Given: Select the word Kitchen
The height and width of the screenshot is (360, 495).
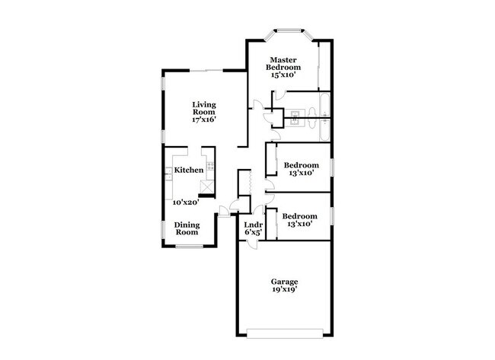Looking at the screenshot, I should (x=188, y=170).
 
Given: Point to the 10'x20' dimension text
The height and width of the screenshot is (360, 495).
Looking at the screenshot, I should (x=185, y=202).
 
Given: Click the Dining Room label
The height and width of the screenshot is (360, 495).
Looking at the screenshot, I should (x=187, y=228).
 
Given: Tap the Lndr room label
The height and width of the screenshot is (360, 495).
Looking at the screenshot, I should (x=253, y=225).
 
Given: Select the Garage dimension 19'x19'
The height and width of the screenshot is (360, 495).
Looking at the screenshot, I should (x=283, y=290).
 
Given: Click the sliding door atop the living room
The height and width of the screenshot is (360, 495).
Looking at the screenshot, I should (x=206, y=71).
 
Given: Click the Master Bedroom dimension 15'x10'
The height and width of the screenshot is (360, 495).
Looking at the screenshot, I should (x=281, y=75).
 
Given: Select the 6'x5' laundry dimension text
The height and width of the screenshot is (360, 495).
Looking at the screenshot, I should (x=253, y=233).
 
